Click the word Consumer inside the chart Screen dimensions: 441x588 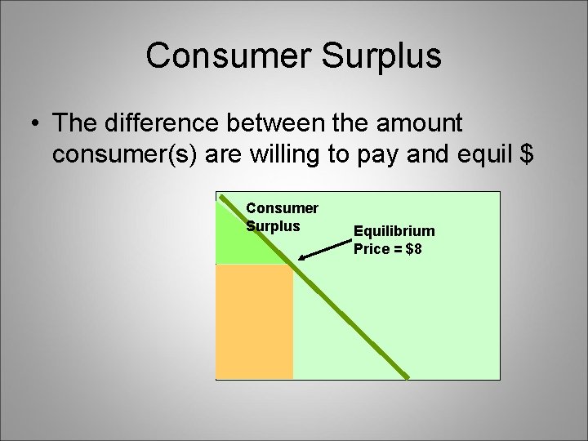(x=283, y=209)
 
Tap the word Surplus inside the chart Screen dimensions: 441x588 (x=274, y=226)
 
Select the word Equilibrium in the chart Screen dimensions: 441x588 (x=394, y=232)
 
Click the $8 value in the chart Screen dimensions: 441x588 (x=413, y=248)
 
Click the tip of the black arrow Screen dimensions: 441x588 (x=300, y=259)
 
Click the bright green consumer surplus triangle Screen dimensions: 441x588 (x=241, y=241)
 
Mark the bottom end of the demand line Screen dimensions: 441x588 (x=407, y=377)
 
